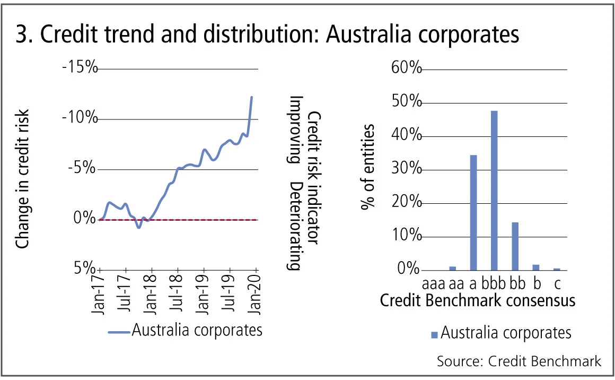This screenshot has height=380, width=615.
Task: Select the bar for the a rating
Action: point(473,212)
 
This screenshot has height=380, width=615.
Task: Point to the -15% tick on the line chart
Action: point(80,68)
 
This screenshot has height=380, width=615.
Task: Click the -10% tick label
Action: point(80,118)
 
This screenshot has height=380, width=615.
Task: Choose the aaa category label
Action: point(433,280)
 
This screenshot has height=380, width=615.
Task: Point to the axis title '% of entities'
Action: point(368,167)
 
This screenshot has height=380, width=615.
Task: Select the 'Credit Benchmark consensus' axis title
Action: point(477,300)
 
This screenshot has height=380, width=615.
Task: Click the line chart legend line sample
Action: point(119,331)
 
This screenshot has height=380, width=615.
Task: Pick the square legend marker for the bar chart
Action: point(435,334)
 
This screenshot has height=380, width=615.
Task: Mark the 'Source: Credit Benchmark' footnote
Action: point(519,361)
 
